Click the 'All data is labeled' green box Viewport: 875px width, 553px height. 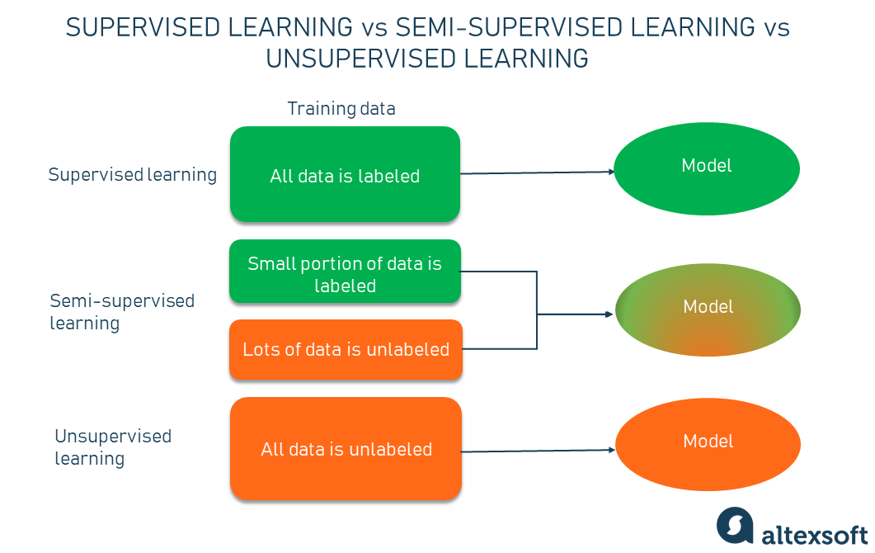click(345, 174)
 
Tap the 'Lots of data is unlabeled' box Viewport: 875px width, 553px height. click(346, 349)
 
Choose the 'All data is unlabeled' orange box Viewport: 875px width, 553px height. click(346, 449)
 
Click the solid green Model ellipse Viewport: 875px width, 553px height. click(708, 168)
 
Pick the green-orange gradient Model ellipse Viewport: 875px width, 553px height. click(708, 310)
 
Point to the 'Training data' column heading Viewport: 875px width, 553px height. click(341, 109)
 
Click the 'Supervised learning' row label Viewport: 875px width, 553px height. click(133, 175)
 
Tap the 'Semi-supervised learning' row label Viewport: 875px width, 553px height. click(122, 311)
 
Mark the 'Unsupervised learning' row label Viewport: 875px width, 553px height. click(113, 447)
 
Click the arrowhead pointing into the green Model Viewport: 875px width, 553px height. click(611, 172)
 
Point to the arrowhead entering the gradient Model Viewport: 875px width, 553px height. click(611, 314)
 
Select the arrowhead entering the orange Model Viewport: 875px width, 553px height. click(611, 450)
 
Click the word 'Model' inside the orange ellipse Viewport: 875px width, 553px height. click(708, 442)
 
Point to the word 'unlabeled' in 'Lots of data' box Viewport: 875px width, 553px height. click(407, 349)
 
